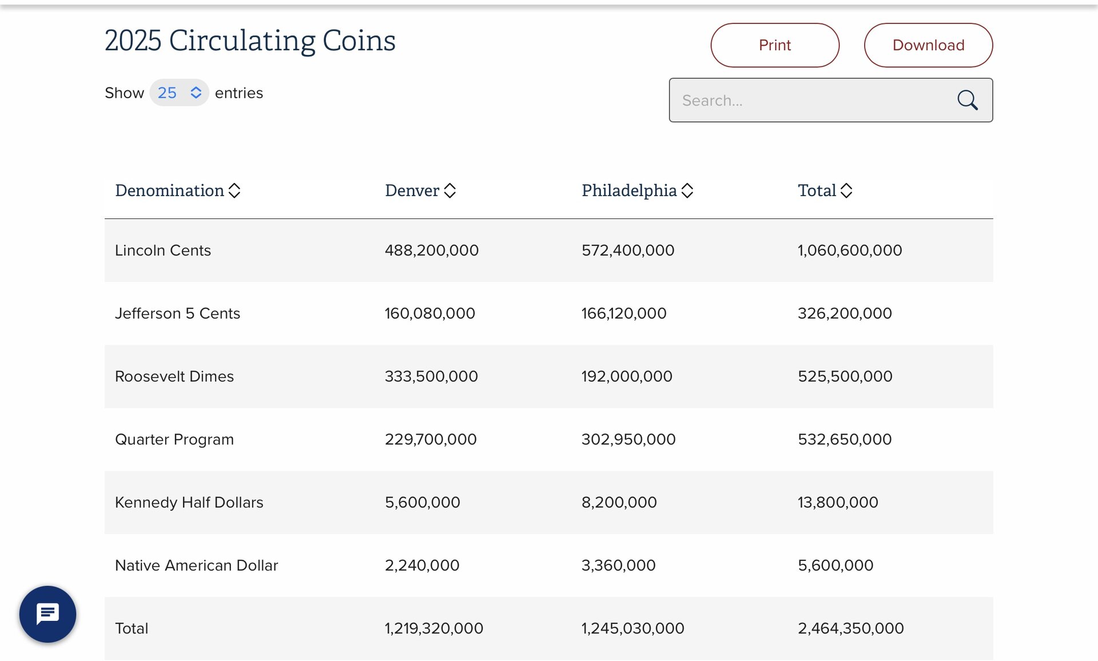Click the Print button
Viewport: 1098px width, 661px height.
tap(774, 45)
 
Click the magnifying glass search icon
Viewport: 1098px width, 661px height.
tap(967, 100)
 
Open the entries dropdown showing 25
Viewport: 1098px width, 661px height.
tap(179, 93)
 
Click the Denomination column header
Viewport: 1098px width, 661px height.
tap(170, 190)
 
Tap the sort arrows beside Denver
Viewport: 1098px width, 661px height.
tap(450, 190)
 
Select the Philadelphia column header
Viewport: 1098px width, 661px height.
tap(629, 190)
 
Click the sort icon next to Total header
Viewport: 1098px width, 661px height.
tap(846, 190)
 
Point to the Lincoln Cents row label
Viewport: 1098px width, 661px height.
tap(163, 250)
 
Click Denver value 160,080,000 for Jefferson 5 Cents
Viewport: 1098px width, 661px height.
tap(429, 313)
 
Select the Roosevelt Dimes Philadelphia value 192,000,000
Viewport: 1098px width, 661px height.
tap(627, 376)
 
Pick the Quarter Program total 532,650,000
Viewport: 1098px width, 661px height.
tap(845, 439)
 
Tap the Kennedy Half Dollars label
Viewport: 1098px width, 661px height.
tap(189, 502)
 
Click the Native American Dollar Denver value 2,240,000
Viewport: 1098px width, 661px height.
tap(422, 565)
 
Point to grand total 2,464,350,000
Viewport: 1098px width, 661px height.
tap(850, 628)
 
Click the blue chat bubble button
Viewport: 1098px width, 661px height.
tap(47, 614)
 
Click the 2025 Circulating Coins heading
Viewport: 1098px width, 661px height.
tap(250, 41)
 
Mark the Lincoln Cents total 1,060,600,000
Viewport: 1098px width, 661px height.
tap(850, 250)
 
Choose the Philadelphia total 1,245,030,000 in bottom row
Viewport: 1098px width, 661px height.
tap(632, 628)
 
